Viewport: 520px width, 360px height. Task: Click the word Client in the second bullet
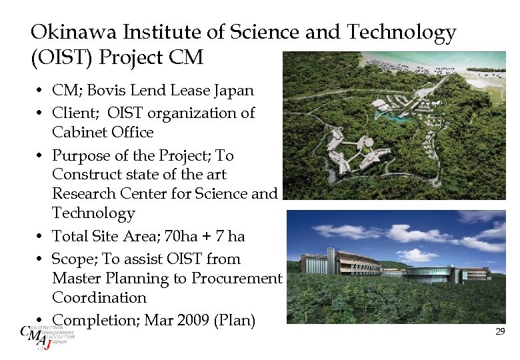pyautogui.click(x=73, y=113)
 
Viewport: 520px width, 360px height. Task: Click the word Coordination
pyautogui.click(x=99, y=297)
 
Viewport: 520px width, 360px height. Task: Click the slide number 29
pyautogui.click(x=500, y=331)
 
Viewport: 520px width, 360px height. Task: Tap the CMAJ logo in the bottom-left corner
pyautogui.click(x=45, y=336)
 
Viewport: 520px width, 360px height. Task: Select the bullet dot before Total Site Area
pyautogui.click(x=41, y=237)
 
